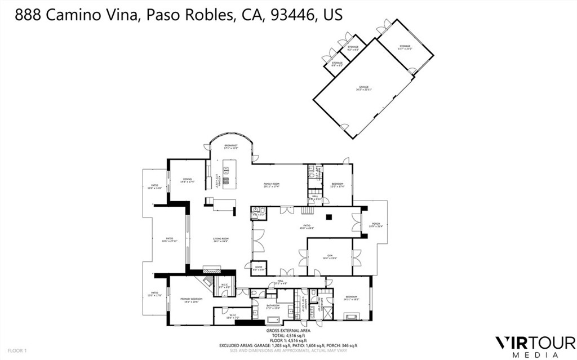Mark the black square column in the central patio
(329, 217)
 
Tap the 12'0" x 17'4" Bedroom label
(338, 185)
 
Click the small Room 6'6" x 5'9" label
(259, 268)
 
